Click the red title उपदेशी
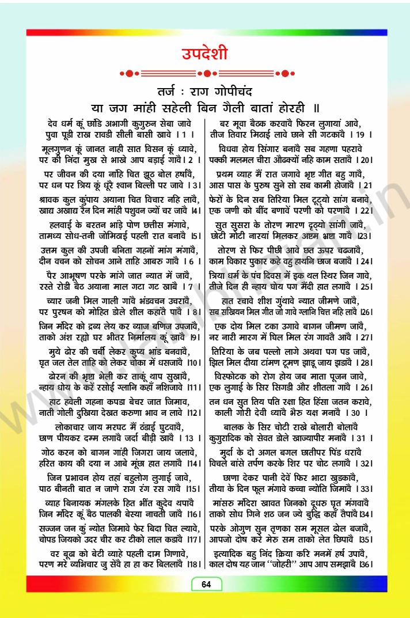204,54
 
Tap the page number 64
206,585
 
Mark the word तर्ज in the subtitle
170,92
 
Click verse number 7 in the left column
189,286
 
